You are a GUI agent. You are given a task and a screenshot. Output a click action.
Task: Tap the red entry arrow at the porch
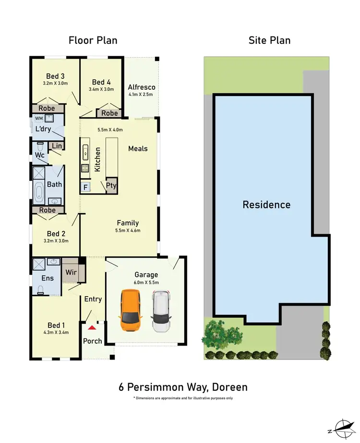[x=90, y=327]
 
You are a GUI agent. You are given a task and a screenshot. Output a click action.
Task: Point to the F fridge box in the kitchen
[x=85, y=187]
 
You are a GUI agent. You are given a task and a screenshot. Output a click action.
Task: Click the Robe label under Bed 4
[x=109, y=113]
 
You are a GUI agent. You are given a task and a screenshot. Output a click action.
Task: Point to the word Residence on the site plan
[x=266, y=205]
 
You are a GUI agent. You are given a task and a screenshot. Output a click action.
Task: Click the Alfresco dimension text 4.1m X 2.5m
[x=141, y=95]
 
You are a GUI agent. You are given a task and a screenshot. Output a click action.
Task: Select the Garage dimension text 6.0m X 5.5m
[x=146, y=283]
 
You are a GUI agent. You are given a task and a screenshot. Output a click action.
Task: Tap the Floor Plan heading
[x=93, y=40]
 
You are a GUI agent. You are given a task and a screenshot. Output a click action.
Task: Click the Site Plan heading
[x=269, y=40]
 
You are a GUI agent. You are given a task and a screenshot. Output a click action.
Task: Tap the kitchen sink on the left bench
[x=85, y=153]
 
